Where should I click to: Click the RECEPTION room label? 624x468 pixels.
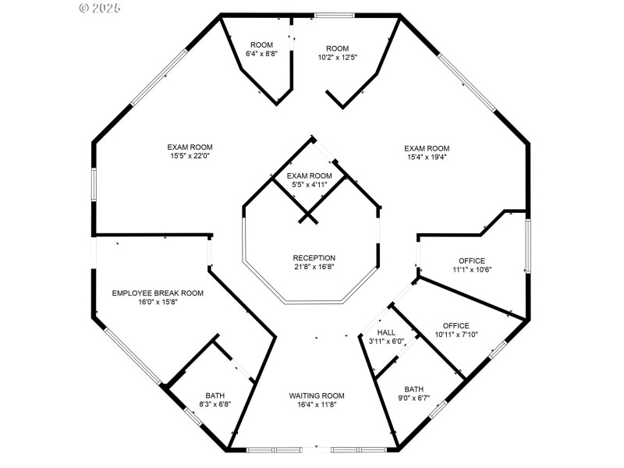coord(314,258)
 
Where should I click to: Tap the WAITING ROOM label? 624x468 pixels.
coord(317,396)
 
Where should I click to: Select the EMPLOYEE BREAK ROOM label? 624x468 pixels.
coord(158,293)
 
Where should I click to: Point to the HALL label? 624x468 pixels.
coord(386,332)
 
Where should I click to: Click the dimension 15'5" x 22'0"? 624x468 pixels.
coord(190,156)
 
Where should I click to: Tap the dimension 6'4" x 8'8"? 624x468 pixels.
coord(261,55)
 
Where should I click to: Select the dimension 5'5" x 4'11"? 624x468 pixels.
coord(310,185)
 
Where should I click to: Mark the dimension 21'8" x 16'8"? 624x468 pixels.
coord(314,268)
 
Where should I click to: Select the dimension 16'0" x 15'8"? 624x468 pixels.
coord(158,303)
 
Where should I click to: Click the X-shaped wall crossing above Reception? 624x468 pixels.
coord(308,214)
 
